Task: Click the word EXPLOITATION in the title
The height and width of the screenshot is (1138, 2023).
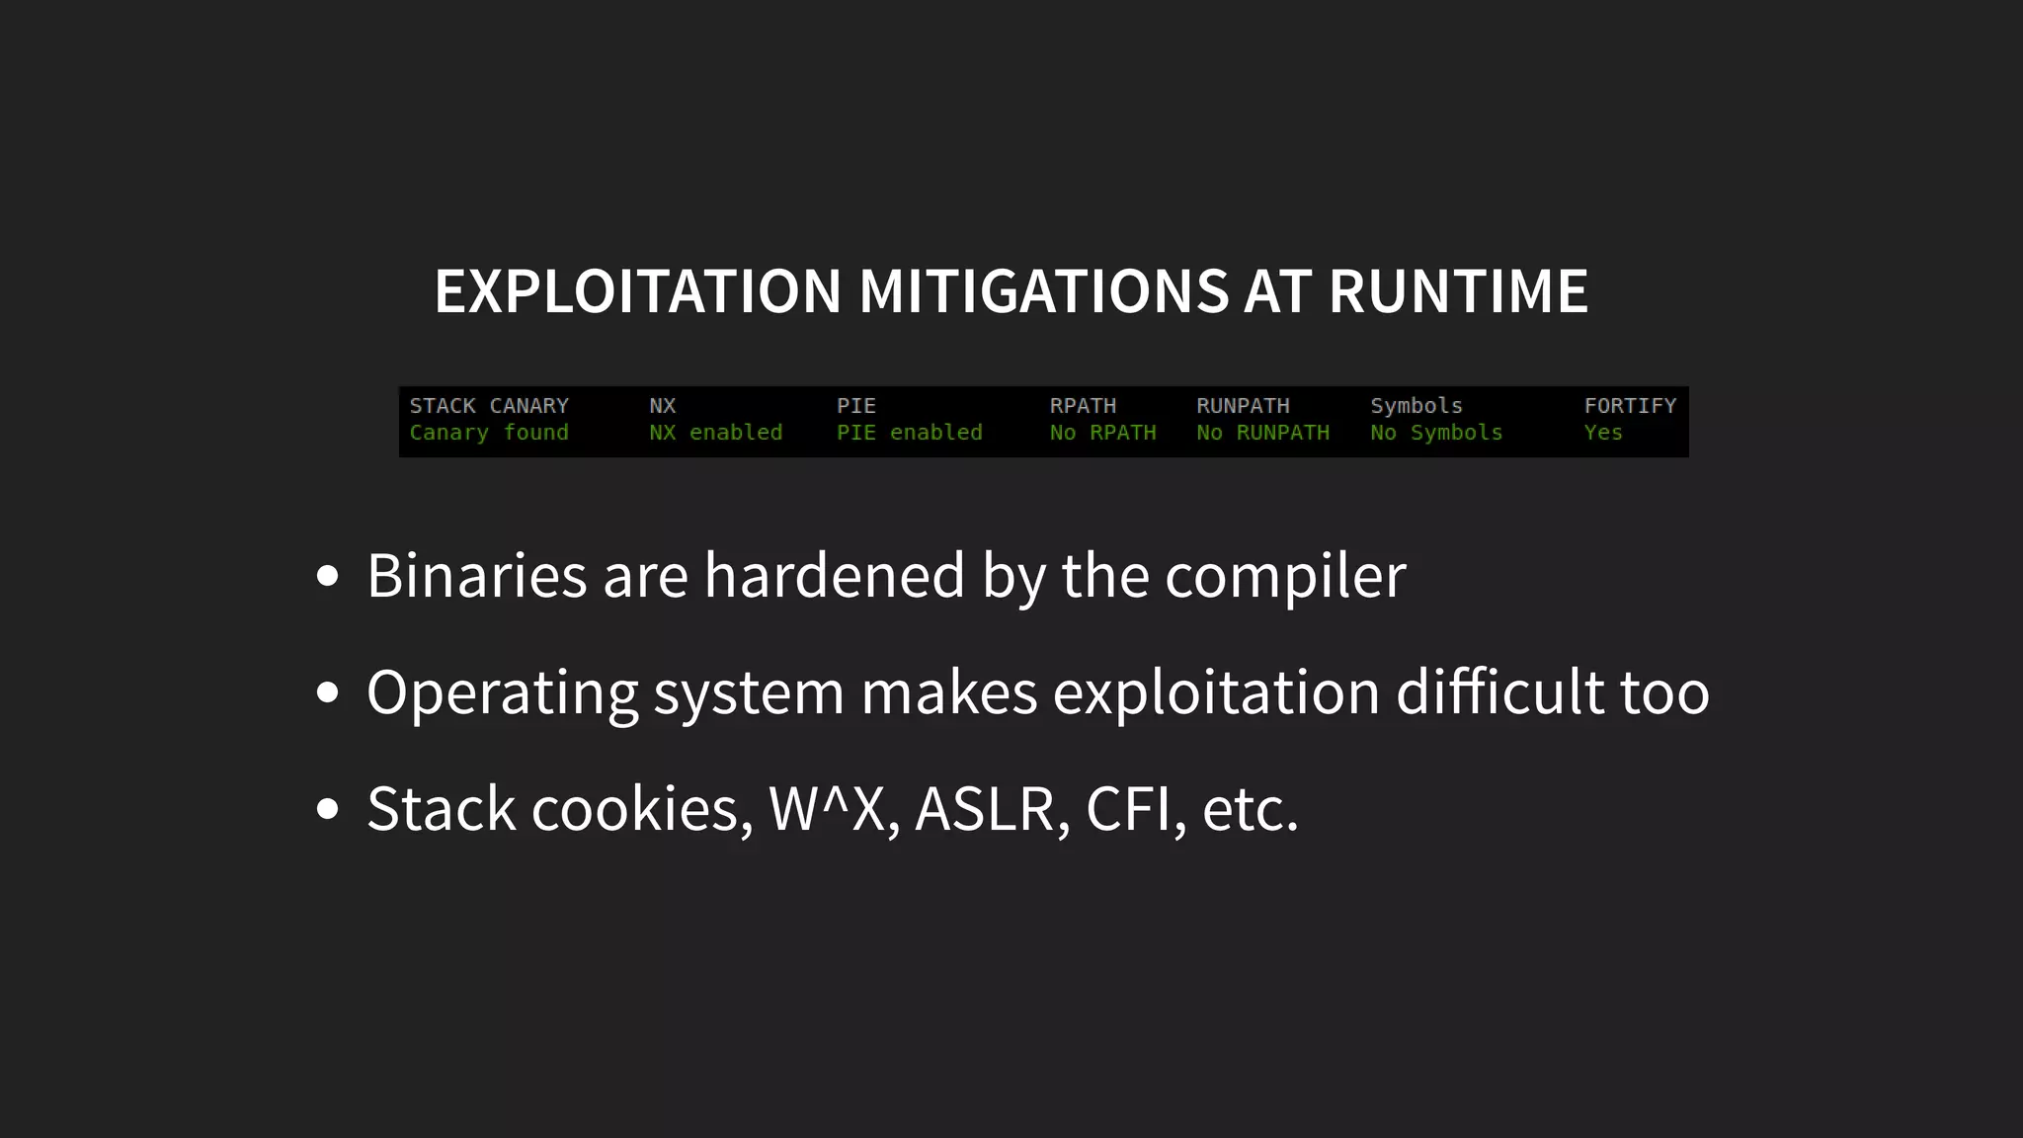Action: (637, 291)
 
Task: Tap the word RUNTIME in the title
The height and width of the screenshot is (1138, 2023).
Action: (1458, 291)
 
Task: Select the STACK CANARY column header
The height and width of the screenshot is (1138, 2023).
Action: (489, 406)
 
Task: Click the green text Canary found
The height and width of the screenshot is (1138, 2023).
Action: (489, 433)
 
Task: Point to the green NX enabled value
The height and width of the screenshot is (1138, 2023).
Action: (715, 433)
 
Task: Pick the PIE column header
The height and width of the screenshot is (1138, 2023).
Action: (855, 406)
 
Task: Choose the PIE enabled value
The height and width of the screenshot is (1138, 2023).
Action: (909, 433)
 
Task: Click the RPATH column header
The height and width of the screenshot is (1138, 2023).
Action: (1083, 406)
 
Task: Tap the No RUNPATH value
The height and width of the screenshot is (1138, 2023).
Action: (1262, 433)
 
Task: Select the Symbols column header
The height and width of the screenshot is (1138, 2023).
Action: (1416, 406)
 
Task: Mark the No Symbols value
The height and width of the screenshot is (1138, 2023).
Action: (1435, 433)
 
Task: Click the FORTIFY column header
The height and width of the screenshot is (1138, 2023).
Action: (1630, 406)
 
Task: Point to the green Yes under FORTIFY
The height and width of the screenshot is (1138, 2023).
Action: (1602, 433)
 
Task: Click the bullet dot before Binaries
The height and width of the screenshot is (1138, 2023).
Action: (328, 576)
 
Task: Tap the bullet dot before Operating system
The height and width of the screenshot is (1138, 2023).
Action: (328, 692)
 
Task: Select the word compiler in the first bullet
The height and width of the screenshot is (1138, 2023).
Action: (1285, 576)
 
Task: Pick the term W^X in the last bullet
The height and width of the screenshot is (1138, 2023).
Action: (827, 809)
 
